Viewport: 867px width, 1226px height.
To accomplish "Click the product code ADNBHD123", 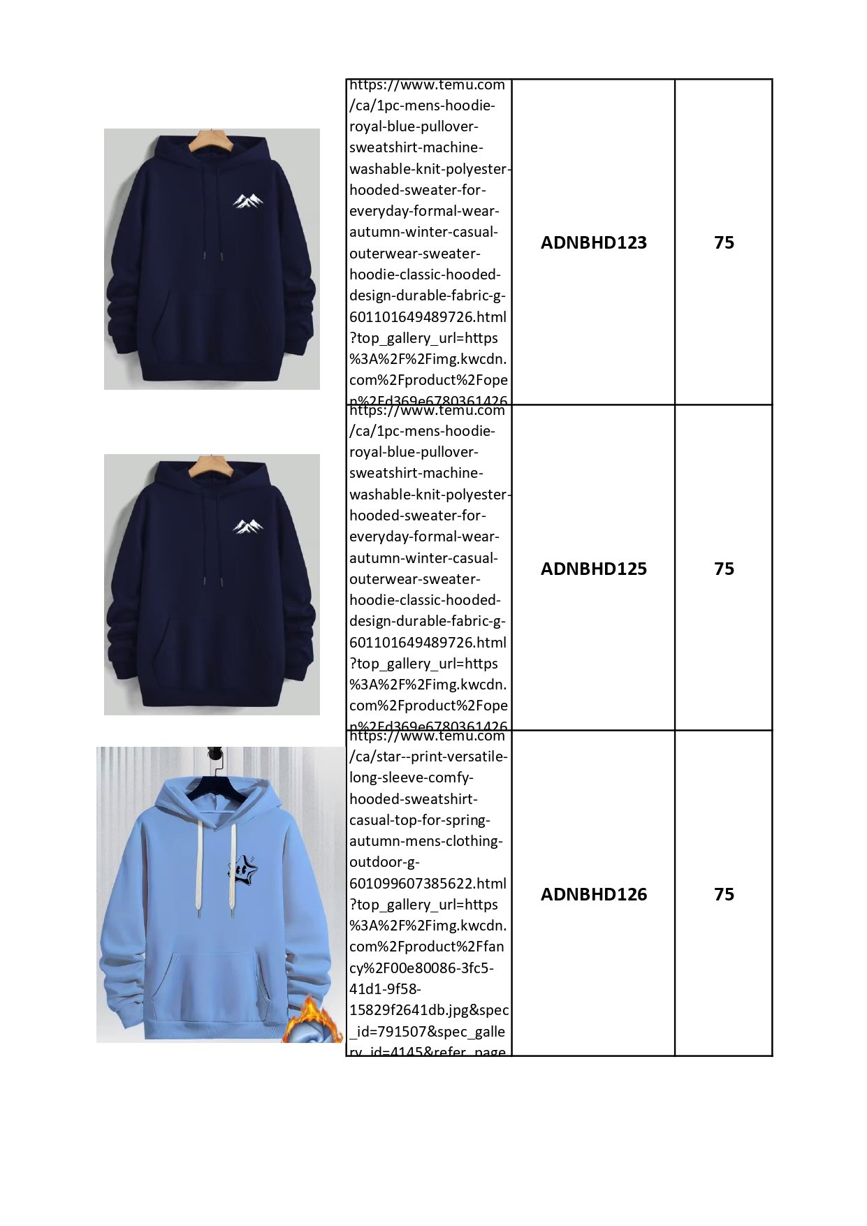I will point(593,242).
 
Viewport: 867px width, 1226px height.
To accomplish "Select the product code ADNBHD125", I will point(593,569).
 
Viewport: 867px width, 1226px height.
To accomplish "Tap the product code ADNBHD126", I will point(593,894).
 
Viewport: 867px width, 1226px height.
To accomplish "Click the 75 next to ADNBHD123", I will point(724,242).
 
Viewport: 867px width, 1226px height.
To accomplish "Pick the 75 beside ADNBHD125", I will point(724,569).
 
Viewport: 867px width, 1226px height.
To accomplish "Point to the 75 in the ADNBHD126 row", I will point(724,894).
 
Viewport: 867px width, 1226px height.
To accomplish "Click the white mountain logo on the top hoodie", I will point(248,201).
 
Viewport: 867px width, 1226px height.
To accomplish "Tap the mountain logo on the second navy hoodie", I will point(248,526).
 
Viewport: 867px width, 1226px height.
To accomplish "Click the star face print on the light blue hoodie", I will point(242,868).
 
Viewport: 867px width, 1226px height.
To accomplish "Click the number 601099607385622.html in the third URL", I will point(428,883).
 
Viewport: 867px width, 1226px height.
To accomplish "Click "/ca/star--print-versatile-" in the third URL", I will point(428,757).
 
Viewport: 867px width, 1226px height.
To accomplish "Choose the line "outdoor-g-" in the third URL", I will point(384,862).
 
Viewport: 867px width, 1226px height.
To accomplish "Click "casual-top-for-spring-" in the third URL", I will point(420,820).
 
